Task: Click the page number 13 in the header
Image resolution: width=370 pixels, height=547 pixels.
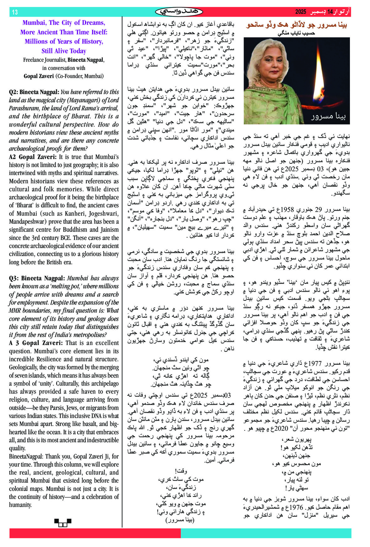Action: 15,12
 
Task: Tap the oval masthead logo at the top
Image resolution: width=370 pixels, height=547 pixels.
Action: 179,12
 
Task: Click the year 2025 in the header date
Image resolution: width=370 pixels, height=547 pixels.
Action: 300,12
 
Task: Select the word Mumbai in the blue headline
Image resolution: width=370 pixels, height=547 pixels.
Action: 34,23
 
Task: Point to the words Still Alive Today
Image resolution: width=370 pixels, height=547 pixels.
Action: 64,51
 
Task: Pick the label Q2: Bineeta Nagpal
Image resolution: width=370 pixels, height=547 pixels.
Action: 34,92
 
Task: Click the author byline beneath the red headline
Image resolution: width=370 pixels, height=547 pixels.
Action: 296,33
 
